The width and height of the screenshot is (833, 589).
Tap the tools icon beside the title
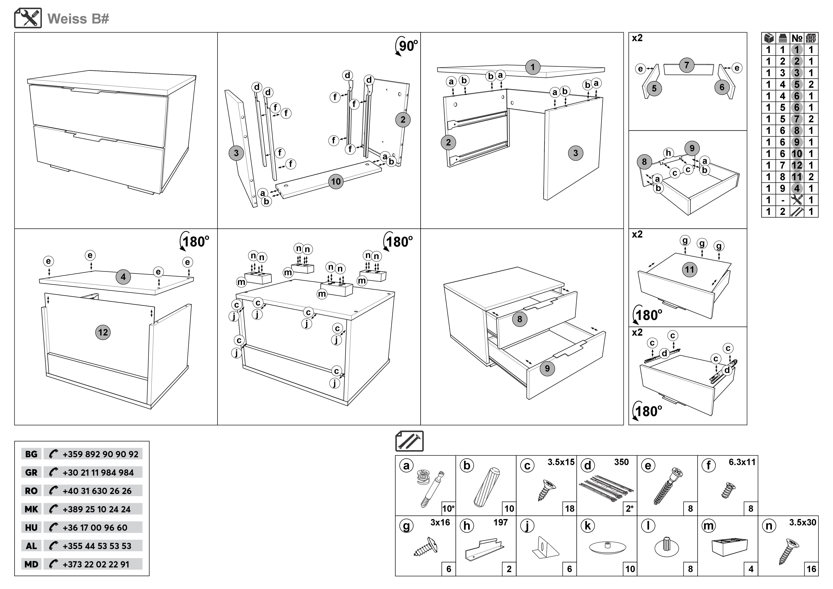(28, 18)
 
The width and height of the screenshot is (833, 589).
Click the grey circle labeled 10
(336, 181)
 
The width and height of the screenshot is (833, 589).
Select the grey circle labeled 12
(103, 332)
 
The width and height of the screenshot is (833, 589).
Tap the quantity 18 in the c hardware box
(570, 509)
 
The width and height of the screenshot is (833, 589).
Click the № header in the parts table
(797, 38)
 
